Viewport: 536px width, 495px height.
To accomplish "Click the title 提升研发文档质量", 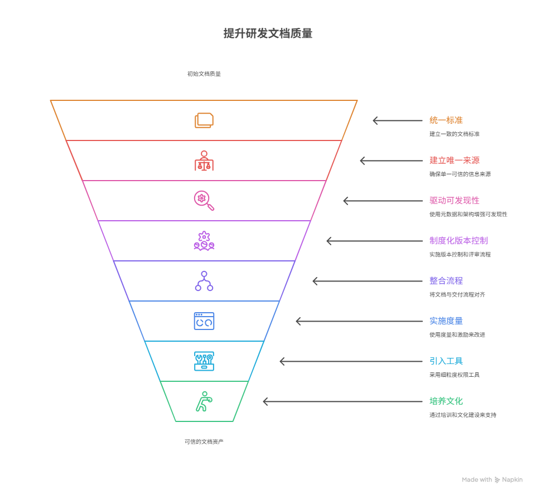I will point(268,33).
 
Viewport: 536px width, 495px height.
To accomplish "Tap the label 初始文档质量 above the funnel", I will point(204,74).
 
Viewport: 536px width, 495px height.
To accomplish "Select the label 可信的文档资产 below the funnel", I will point(204,441).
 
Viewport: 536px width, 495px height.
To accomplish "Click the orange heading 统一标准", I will point(446,120).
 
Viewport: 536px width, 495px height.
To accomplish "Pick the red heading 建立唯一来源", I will point(454,161).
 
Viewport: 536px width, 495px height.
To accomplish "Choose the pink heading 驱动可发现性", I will point(454,201).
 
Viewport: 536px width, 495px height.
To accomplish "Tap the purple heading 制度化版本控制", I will point(458,241).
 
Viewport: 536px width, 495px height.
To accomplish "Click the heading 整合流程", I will point(446,281).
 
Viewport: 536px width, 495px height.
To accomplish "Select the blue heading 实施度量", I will point(446,321).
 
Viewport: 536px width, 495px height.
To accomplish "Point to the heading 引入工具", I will point(446,361).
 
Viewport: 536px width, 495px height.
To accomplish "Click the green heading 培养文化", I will point(446,401).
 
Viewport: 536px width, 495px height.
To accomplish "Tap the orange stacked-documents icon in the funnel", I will point(204,120).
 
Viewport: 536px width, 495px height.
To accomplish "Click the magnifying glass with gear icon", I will point(204,201).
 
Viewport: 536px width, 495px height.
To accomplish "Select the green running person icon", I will point(204,401).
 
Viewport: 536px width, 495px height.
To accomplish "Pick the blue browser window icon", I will point(204,321).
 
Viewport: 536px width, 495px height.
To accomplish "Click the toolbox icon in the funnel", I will point(204,361).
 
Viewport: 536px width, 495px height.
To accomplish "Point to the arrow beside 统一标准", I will point(398,120).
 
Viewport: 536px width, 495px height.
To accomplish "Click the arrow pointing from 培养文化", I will point(342,401).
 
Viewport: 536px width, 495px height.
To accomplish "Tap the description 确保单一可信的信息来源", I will point(460,174).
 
